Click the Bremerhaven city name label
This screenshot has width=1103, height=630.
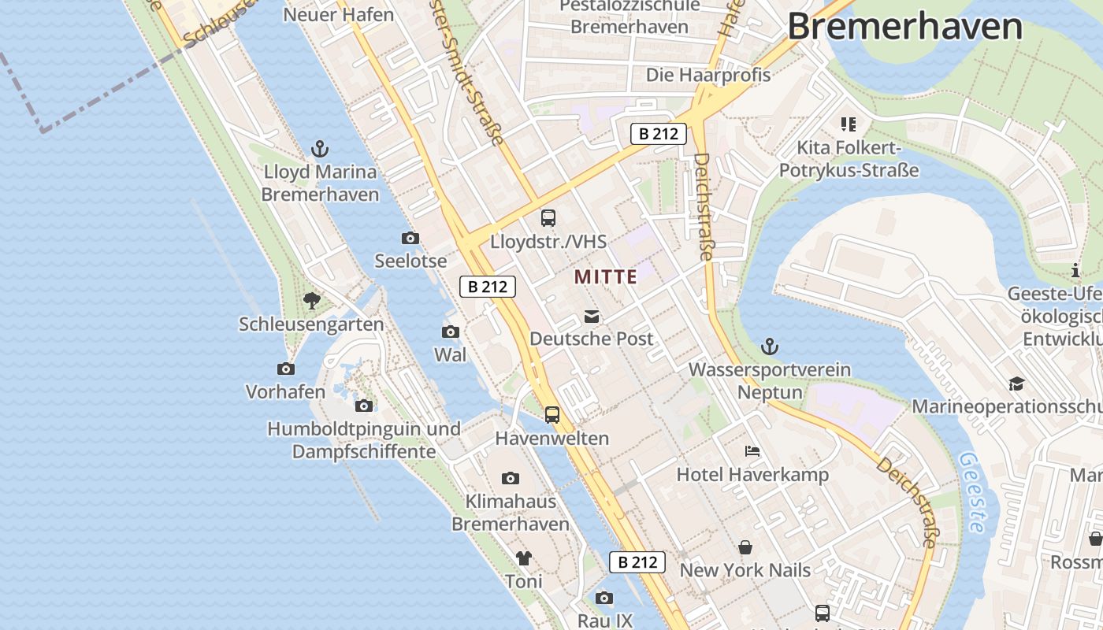pyautogui.click(x=904, y=26)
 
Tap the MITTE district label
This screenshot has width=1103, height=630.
pyautogui.click(x=605, y=276)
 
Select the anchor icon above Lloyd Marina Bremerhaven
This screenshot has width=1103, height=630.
pyautogui.click(x=320, y=148)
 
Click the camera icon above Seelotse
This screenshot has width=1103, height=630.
pyautogui.click(x=410, y=238)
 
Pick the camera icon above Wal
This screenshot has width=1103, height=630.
pyautogui.click(x=451, y=332)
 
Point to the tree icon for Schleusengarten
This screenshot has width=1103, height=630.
pyautogui.click(x=312, y=300)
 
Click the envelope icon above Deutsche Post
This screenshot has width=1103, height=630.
pyautogui.click(x=591, y=317)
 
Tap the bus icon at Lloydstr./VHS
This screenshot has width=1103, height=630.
pyautogui.click(x=548, y=218)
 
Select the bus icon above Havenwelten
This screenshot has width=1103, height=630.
pyautogui.click(x=552, y=414)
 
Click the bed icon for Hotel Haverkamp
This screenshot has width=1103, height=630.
pyautogui.click(x=752, y=452)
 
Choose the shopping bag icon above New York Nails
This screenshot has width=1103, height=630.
pyautogui.click(x=745, y=547)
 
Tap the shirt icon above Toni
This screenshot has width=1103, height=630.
pyautogui.click(x=524, y=558)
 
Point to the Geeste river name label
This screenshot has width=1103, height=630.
pyautogui.click(x=971, y=492)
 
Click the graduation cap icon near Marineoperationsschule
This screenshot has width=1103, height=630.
pyautogui.click(x=1016, y=384)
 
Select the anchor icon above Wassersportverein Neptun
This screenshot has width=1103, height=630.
pyautogui.click(x=770, y=346)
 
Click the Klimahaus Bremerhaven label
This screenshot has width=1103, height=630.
pyautogui.click(x=511, y=512)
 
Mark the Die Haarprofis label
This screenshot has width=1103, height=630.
pyautogui.click(x=708, y=75)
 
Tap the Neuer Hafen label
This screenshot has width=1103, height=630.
pyautogui.click(x=338, y=14)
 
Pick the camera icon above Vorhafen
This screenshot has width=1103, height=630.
pyautogui.click(x=285, y=369)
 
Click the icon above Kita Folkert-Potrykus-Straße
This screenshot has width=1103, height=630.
pyautogui.click(x=849, y=124)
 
